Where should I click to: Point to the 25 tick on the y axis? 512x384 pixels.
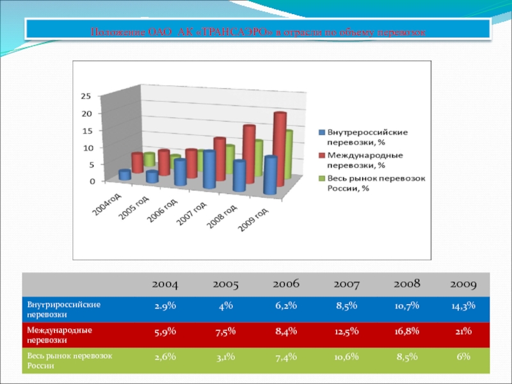coord(86,96)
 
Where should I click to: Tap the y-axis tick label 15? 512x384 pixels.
coord(86,131)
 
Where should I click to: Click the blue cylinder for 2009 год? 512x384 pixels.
coord(271,175)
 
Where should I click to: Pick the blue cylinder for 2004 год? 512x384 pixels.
coord(125,175)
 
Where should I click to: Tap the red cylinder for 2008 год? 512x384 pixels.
coord(249,154)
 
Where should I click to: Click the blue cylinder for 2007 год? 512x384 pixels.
coord(209,170)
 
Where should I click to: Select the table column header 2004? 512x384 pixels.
coord(165,283)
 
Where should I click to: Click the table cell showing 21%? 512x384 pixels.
coord(463,331)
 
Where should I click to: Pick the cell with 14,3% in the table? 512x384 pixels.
coord(463,306)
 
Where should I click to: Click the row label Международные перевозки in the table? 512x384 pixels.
coord(60,335)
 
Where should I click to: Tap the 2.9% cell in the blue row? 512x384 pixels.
coord(165,306)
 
